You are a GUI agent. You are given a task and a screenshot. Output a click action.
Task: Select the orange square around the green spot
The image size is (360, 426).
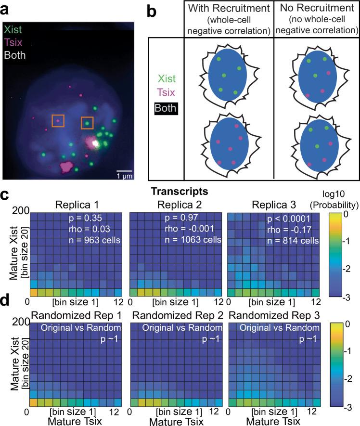87,123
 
